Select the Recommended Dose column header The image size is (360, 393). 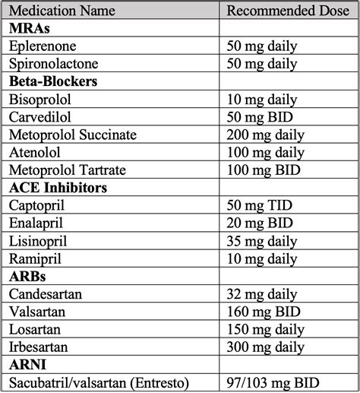pyautogui.click(x=287, y=11)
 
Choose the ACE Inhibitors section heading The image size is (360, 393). pyautogui.click(x=58, y=188)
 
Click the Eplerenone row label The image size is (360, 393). pyautogui.click(x=42, y=46)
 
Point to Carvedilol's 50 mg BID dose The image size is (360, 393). pyautogui.click(x=260, y=117)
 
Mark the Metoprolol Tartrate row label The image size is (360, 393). pyautogui.click(x=67, y=170)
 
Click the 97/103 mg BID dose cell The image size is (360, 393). pyautogui.click(x=273, y=383)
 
